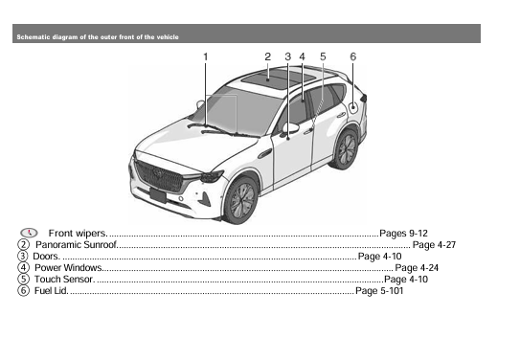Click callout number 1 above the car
tap(205, 57)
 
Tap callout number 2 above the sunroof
tap(268, 57)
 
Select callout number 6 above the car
tap(353, 57)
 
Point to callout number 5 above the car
tap(323, 57)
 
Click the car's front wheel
tap(240, 199)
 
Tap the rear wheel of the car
tap(347, 148)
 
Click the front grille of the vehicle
tap(158, 176)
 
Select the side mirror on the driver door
tap(290, 127)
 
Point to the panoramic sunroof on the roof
tap(267, 79)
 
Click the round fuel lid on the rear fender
tap(353, 105)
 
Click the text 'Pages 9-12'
tap(404, 234)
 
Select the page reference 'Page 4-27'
tap(434, 245)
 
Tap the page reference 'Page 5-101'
tap(379, 291)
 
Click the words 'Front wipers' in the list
tap(76, 234)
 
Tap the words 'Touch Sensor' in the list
tap(63, 280)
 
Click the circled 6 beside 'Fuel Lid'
tap(23, 291)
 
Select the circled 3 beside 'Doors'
tap(23, 257)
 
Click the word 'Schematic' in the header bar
tap(33, 37)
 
